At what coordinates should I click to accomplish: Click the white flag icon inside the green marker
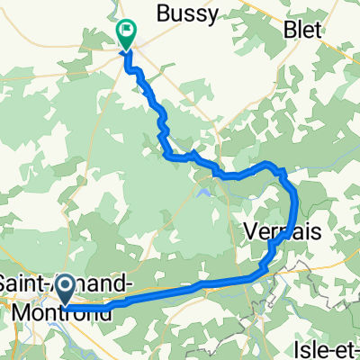coord(127,29)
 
